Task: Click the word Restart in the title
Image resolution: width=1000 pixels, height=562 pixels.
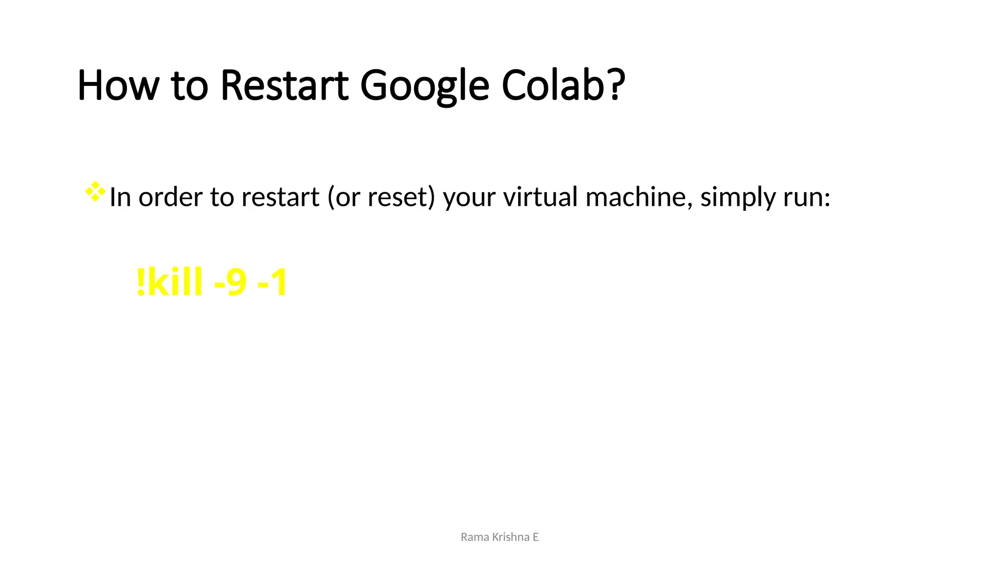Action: tap(285, 85)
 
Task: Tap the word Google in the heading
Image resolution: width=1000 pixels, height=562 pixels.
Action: tap(424, 86)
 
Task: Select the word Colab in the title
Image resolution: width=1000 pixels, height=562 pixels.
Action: tap(554, 85)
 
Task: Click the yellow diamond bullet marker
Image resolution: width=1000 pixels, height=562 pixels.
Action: tap(95, 191)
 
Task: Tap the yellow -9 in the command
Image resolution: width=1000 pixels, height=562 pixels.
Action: tap(230, 282)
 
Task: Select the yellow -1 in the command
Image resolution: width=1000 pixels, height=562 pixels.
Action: tap(272, 282)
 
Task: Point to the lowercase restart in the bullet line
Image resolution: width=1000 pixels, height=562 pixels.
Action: tap(280, 197)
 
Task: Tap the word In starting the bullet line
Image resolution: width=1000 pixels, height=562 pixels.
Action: tap(120, 197)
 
